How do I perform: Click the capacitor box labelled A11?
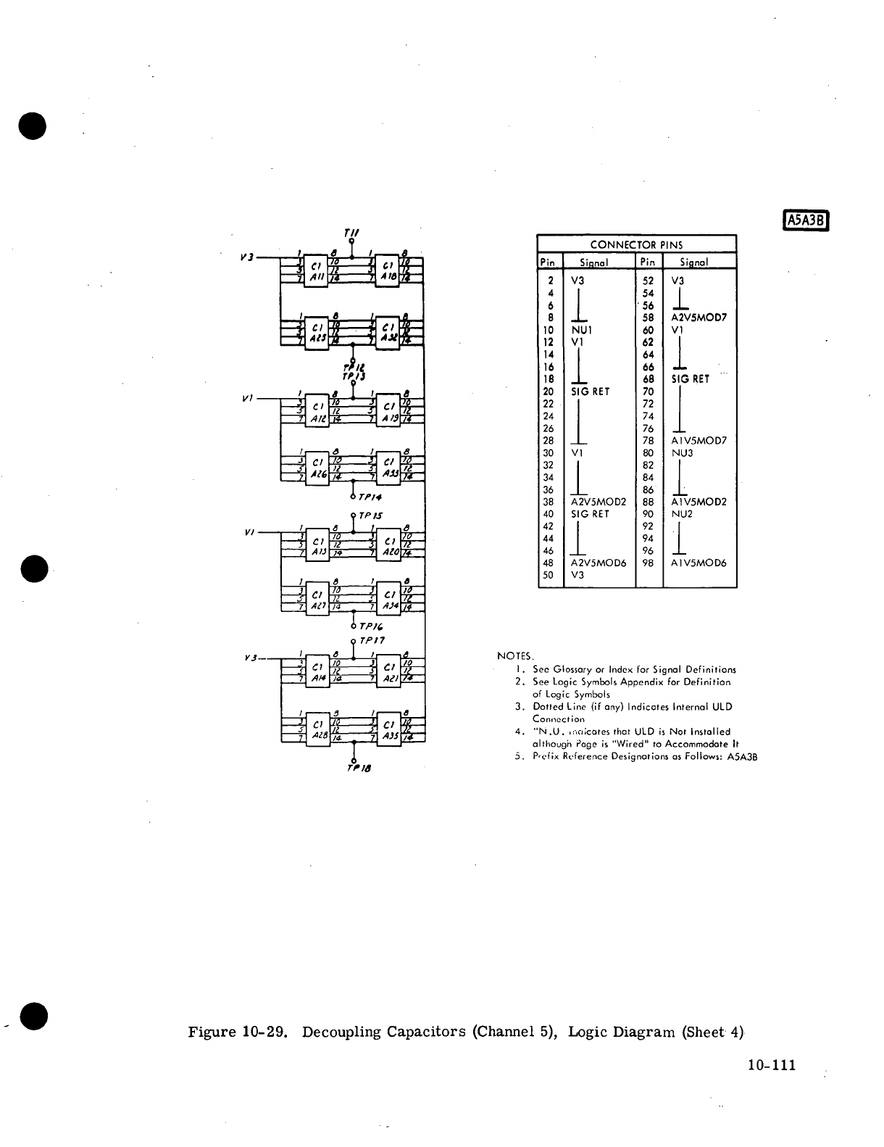pos(317,270)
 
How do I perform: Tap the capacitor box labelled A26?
pos(317,468)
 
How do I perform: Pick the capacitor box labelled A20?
pos(388,544)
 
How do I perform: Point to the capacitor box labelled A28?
pos(317,729)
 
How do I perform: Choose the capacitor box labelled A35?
pos(388,729)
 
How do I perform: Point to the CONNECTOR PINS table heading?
pos(636,244)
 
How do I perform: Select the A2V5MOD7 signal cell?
pos(699,318)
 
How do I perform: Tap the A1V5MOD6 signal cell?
pos(699,563)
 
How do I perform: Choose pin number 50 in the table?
pos(549,575)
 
